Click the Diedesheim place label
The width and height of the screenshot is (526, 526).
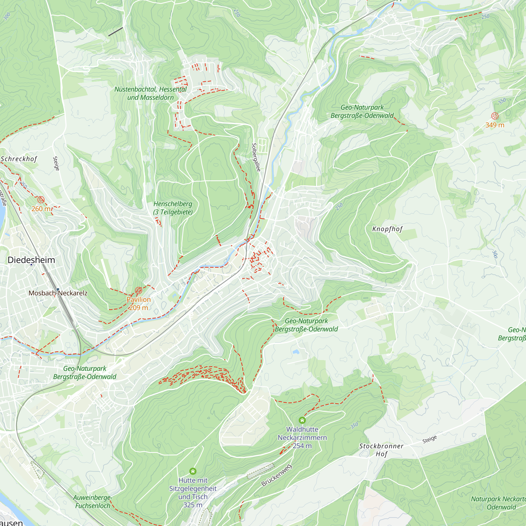[31, 260]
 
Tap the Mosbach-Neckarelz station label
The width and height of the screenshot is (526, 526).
[58, 293]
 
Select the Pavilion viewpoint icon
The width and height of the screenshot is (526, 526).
[139, 290]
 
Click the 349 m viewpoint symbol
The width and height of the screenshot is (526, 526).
[495, 116]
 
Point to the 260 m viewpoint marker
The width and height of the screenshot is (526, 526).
[41, 200]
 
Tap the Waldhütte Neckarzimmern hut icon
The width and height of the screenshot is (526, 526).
[302, 420]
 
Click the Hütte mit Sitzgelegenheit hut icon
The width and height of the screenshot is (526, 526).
[193, 471]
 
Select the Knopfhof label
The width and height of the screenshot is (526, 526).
[387, 229]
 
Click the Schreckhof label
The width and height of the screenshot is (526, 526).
[18, 159]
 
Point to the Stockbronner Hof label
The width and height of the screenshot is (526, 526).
[381, 450]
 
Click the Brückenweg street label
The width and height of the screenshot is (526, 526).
[276, 475]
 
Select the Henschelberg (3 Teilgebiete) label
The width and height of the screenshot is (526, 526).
[173, 208]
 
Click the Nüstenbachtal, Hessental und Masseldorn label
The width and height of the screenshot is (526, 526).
[150, 93]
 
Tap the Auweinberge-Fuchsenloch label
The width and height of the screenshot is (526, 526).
[93, 502]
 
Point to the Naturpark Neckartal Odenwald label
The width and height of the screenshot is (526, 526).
[498, 503]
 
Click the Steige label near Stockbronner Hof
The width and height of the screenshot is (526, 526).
[430, 439]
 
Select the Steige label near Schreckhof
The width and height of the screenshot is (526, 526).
[56, 163]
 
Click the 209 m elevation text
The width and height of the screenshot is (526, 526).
[139, 308]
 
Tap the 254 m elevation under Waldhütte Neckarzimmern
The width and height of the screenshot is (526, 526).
[302, 446]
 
